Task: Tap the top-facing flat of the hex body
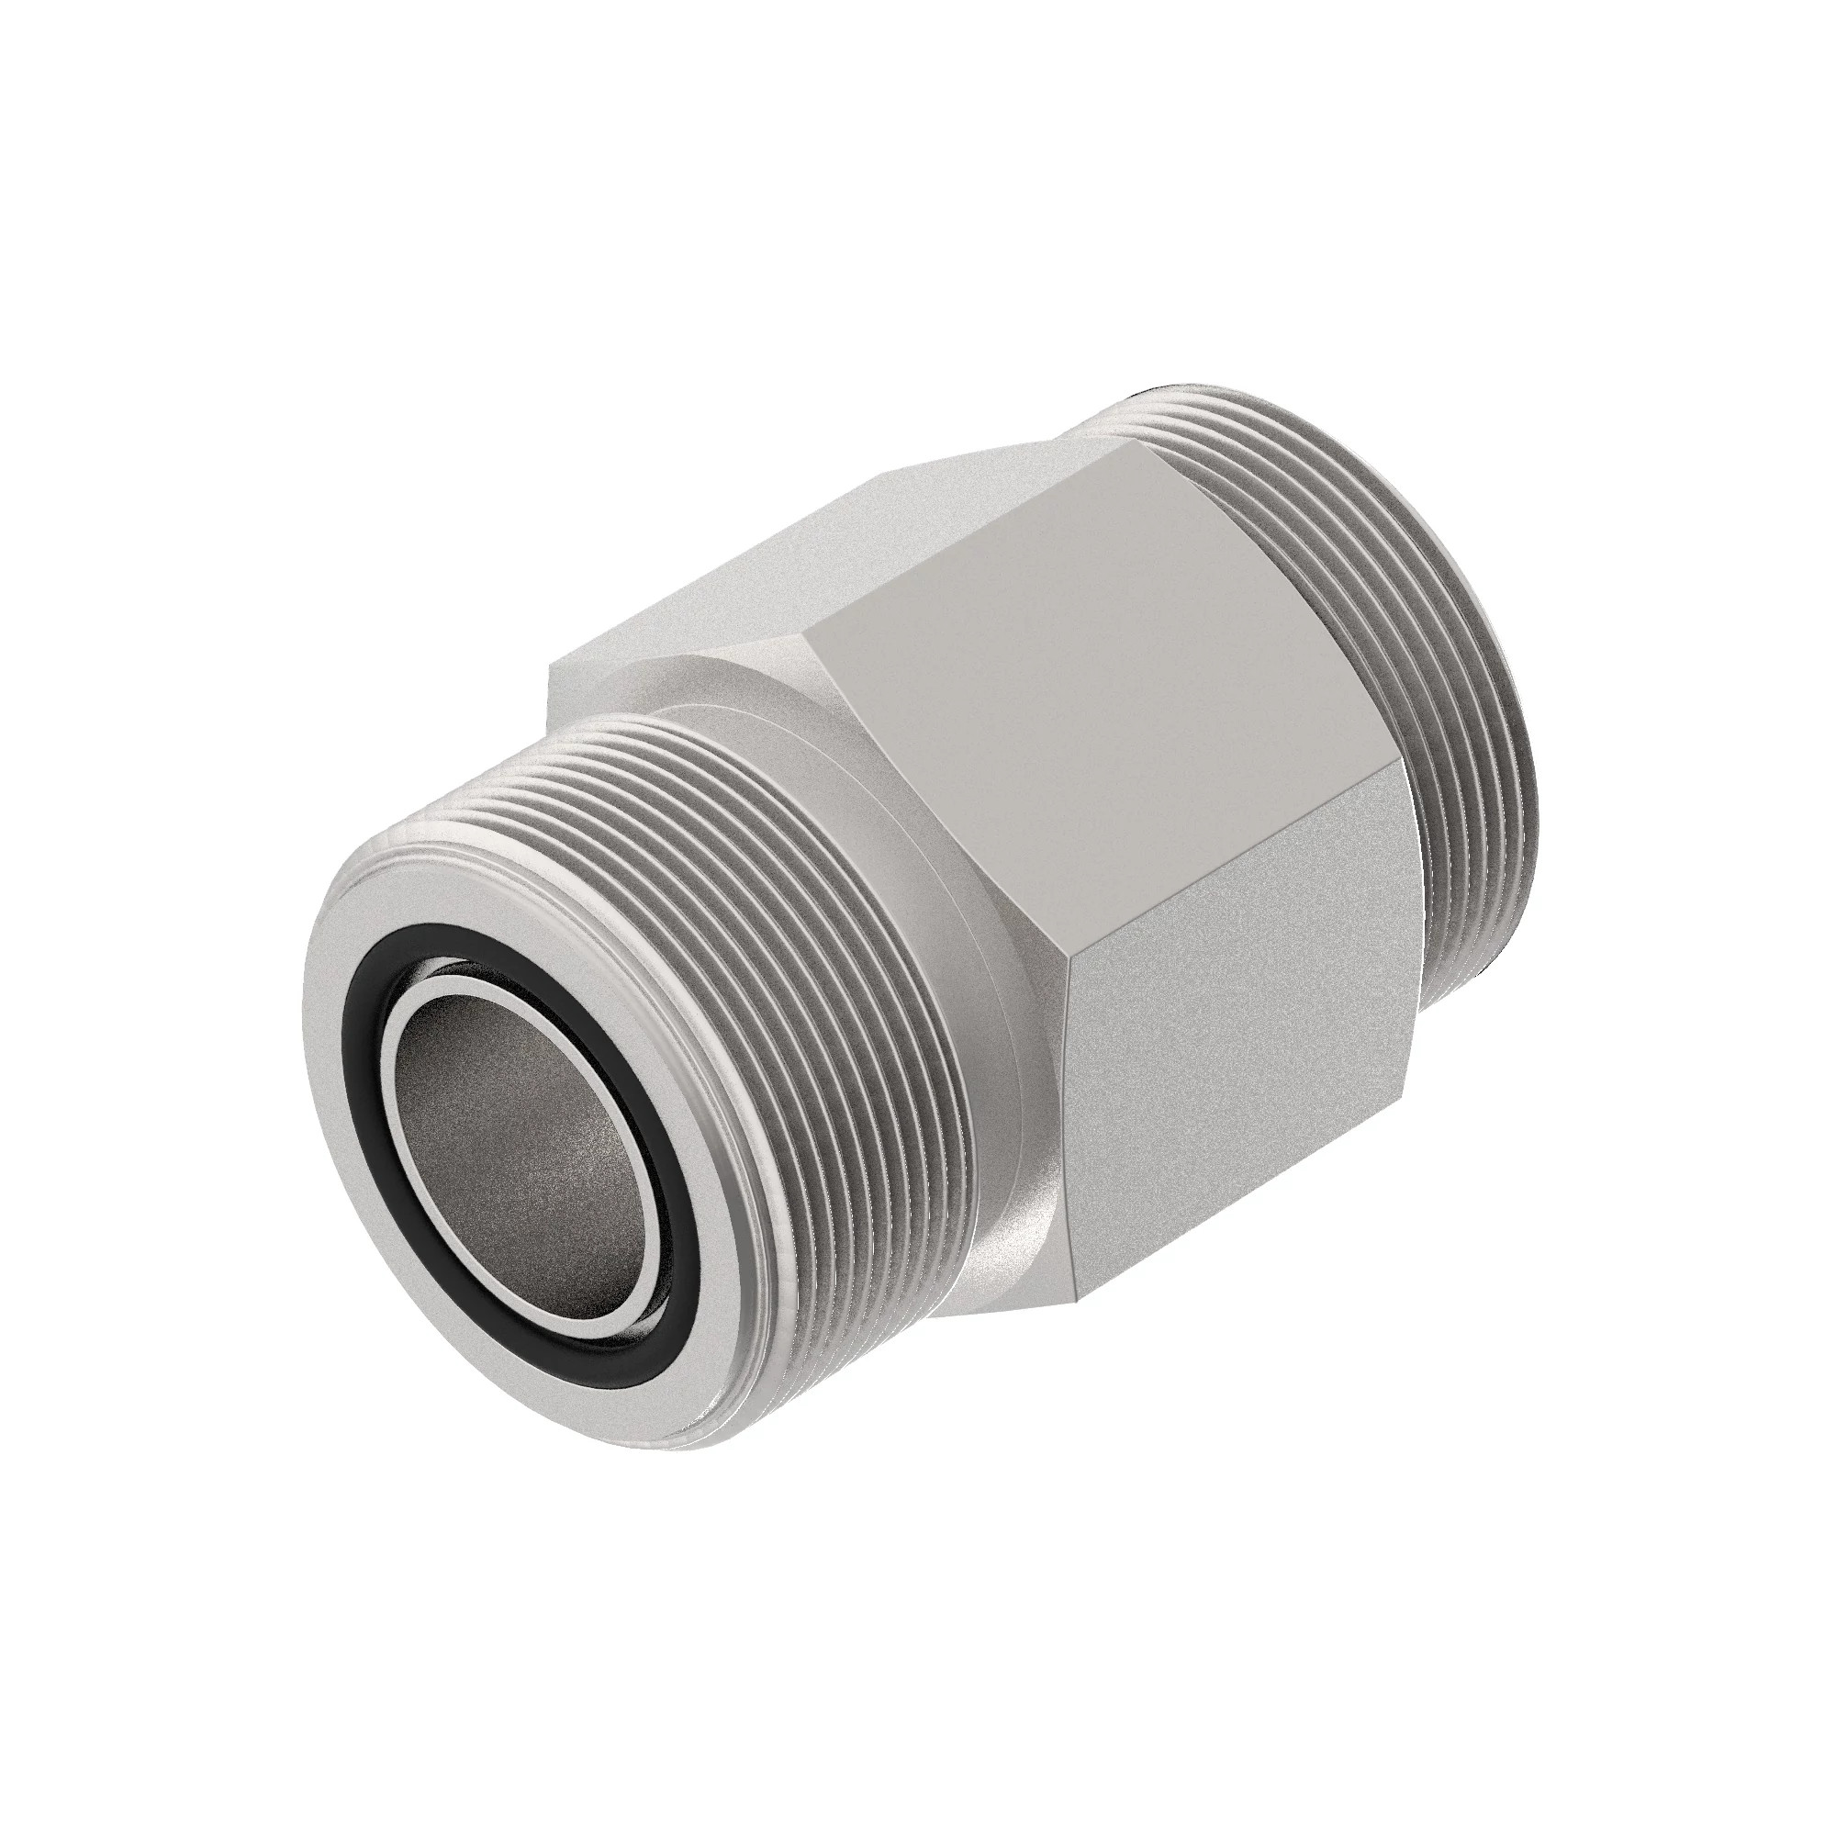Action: click(x=856, y=551)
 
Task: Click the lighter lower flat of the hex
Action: click(x=1236, y=1140)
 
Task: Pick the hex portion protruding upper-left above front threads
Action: click(x=609, y=675)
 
